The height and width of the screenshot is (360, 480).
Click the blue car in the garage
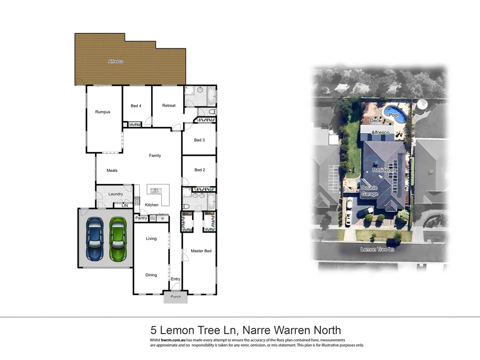95,239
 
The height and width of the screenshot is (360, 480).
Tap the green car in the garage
118,239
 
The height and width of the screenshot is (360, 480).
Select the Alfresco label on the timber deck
116,61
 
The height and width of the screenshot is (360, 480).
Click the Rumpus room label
103,112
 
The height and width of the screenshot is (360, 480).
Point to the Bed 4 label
136,106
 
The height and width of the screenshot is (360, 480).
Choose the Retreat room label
169,105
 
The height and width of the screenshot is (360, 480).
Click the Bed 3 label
199,140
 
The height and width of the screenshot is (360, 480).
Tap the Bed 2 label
200,170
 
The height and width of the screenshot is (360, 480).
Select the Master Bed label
201,251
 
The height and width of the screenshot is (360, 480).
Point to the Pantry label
141,218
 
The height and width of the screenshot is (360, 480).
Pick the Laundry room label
116,194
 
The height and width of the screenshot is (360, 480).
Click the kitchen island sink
155,191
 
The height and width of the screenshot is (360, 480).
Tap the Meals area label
112,170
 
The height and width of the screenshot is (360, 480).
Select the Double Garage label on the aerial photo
370,191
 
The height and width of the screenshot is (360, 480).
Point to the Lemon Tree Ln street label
377,249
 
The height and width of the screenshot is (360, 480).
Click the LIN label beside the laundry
125,206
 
